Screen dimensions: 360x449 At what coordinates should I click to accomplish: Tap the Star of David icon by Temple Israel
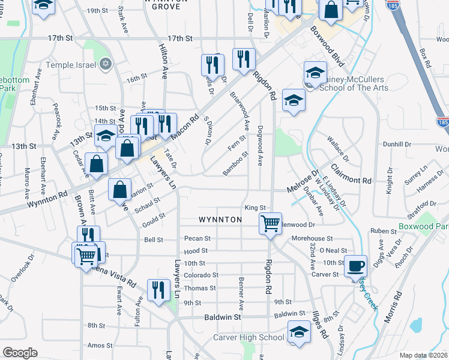tap(106, 64)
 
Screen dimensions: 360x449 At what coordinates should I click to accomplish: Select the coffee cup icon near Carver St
tap(356, 265)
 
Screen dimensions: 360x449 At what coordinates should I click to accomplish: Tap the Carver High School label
tap(249, 338)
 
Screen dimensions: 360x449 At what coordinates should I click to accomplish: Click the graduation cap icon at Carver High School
tap(299, 331)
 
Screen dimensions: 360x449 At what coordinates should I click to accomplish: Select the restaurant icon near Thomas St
tap(158, 290)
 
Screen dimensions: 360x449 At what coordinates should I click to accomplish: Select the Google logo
tap(20, 352)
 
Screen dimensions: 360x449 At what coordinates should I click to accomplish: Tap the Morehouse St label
tap(312, 238)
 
